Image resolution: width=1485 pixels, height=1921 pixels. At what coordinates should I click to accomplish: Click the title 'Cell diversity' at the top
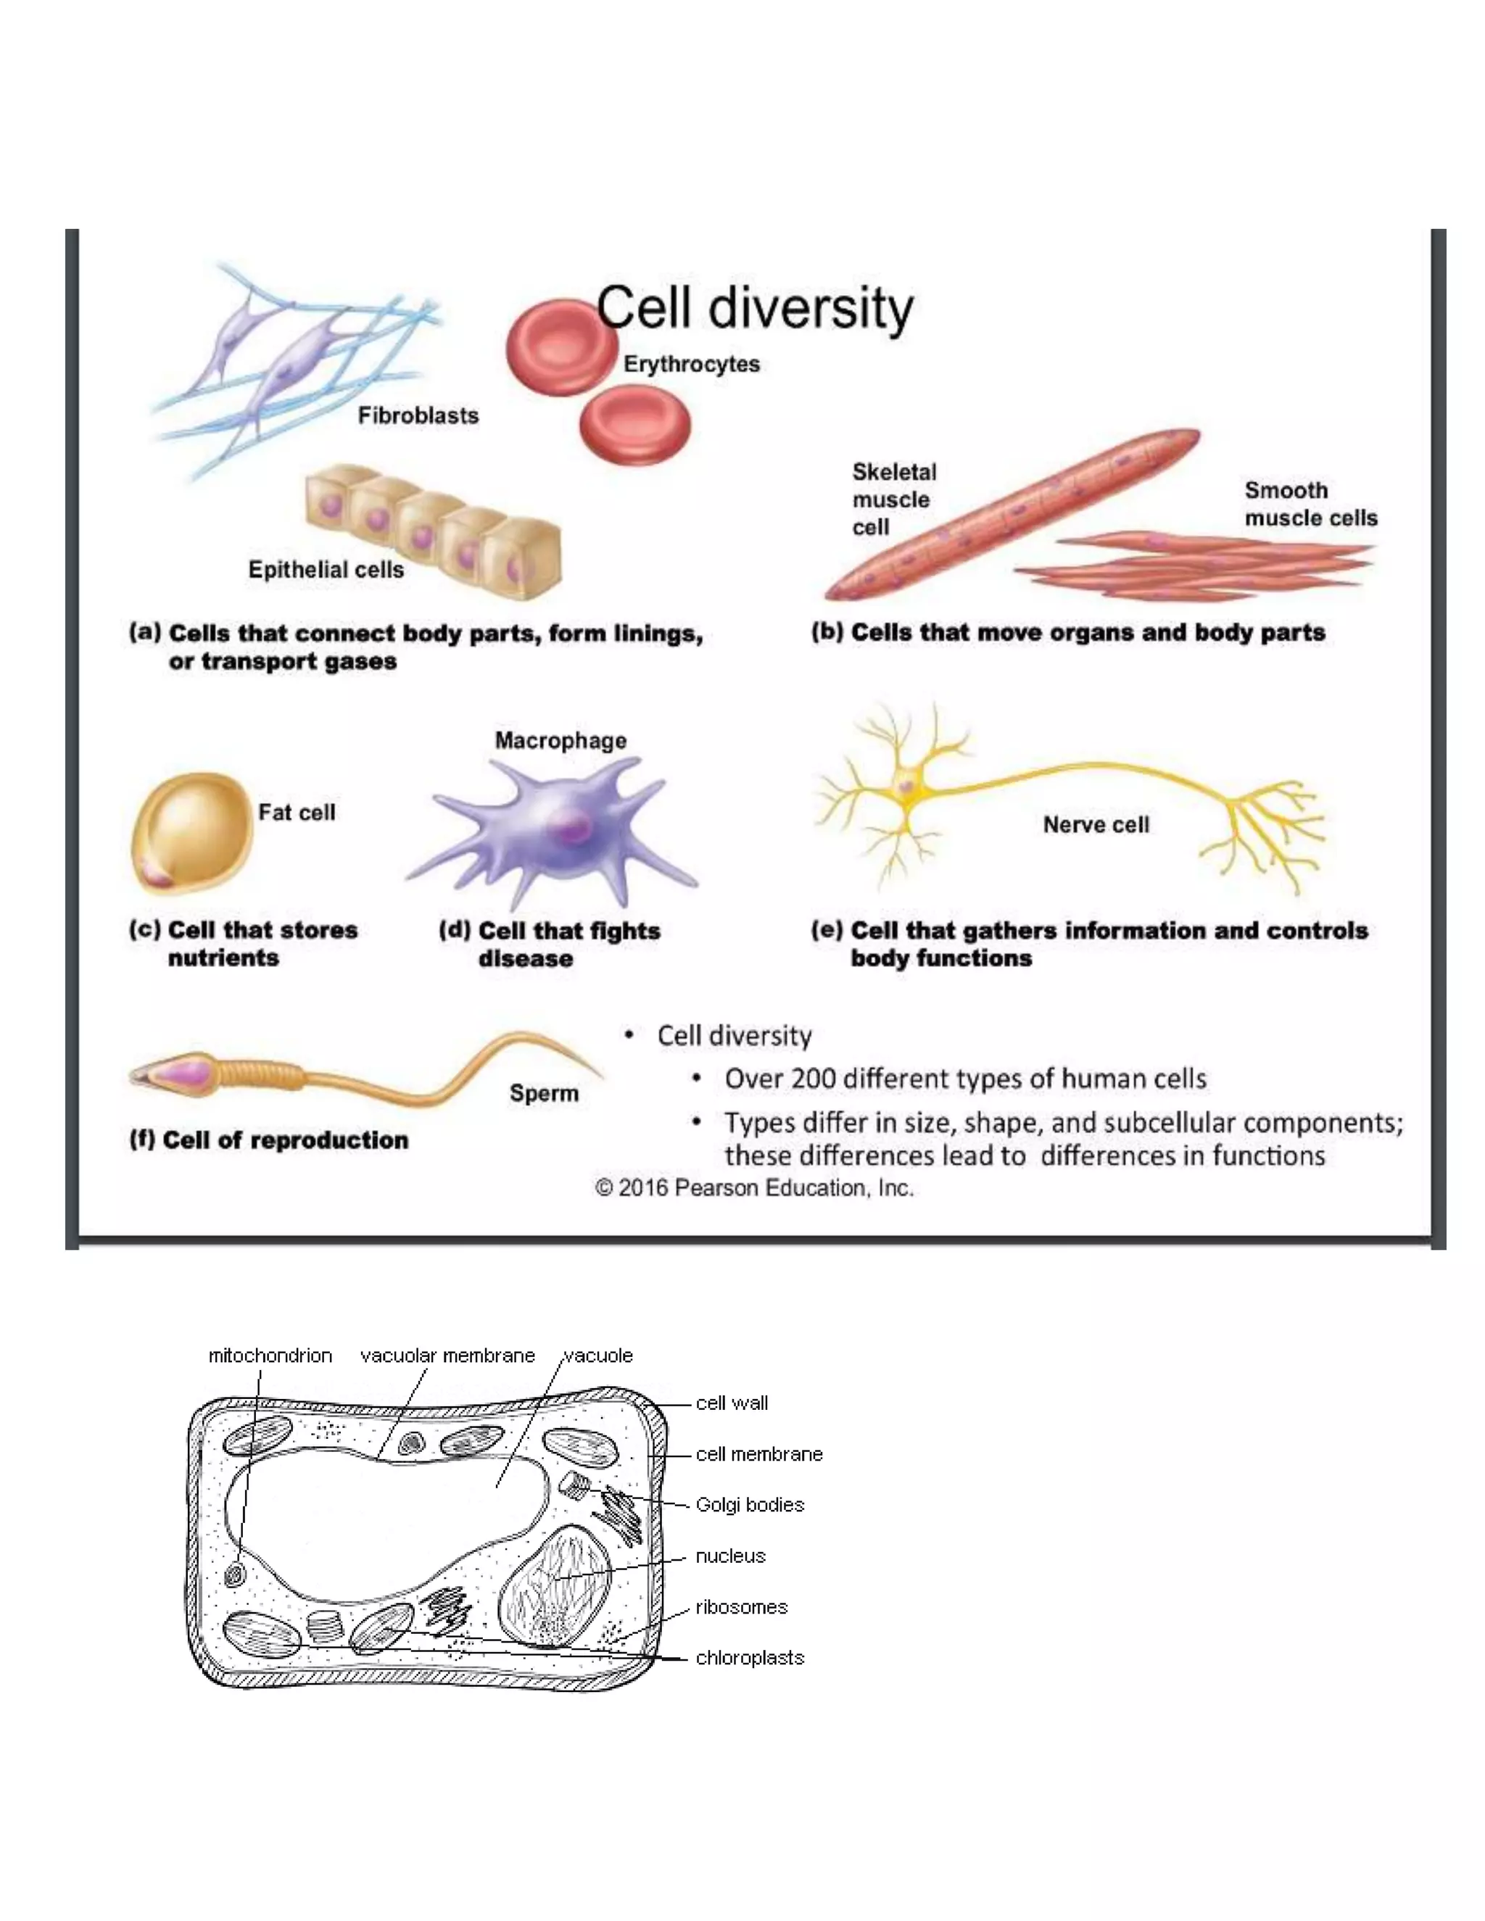click(755, 309)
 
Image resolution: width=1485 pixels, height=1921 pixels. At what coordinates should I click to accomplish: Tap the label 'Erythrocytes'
click(692, 364)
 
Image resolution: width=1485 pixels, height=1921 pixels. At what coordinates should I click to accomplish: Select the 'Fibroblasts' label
click(418, 415)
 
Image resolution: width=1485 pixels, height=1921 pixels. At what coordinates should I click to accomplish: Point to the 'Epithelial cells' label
click(326, 570)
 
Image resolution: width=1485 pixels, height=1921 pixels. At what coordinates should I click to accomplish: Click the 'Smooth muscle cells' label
click(1310, 504)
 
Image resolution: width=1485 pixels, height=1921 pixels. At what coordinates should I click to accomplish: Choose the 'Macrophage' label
click(561, 741)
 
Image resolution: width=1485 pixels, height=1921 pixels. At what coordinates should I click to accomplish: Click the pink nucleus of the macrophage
click(570, 827)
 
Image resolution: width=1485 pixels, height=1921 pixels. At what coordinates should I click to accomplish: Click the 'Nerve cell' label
click(1096, 825)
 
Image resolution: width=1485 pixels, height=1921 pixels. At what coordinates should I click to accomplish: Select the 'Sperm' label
click(544, 1093)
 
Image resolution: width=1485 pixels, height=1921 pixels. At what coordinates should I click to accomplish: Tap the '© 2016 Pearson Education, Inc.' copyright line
click(754, 1188)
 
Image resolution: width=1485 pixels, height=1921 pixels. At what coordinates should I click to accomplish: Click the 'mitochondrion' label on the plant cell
click(270, 1356)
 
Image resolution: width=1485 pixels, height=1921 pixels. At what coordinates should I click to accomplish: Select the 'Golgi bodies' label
click(750, 1504)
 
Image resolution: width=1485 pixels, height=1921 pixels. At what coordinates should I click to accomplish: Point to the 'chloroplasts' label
click(750, 1657)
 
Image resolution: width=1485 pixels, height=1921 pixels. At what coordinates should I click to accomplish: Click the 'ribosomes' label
click(741, 1607)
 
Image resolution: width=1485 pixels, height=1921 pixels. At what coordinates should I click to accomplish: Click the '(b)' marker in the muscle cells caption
click(827, 631)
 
